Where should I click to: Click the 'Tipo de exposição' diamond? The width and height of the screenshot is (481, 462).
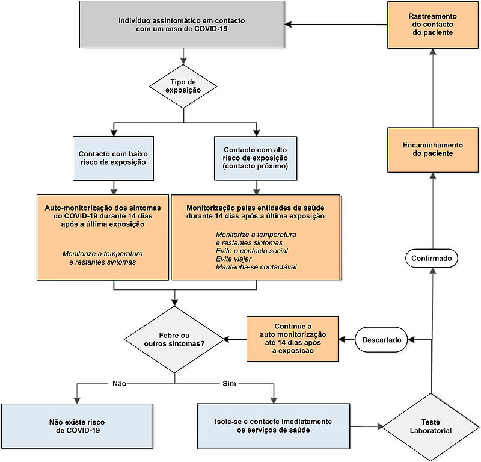[x=183, y=86]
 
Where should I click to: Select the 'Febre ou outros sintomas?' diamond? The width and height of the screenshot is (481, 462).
[x=174, y=339]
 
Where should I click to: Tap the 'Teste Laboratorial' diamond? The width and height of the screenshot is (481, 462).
[x=431, y=427]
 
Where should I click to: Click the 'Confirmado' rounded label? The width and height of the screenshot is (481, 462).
[x=432, y=258]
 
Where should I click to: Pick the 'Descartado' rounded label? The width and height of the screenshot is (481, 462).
[x=381, y=340]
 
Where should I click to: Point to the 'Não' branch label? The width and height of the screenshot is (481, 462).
[x=119, y=383]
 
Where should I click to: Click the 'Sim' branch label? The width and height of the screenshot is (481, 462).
[x=230, y=383]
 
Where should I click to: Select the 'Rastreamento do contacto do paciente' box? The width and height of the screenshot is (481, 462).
[x=433, y=25]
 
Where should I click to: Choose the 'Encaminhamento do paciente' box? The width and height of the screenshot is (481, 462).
[x=433, y=150]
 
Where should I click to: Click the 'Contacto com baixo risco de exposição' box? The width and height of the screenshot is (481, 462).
[x=113, y=158]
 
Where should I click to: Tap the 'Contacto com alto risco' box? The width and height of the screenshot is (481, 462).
[x=256, y=158]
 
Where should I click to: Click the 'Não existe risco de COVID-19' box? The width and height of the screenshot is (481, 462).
[x=77, y=426]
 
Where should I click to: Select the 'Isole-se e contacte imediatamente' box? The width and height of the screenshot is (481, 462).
[x=274, y=426]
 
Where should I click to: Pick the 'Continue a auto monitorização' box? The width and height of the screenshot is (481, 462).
[x=293, y=339]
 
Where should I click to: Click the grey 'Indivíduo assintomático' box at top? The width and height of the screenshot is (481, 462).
[x=182, y=25]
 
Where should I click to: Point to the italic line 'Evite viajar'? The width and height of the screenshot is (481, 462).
[x=234, y=259]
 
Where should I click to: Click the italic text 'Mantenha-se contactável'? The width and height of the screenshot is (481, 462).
[x=256, y=267]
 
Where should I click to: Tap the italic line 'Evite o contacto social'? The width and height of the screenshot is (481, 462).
[x=252, y=251]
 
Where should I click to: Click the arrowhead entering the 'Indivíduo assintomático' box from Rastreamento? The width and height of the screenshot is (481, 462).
[x=288, y=25]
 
